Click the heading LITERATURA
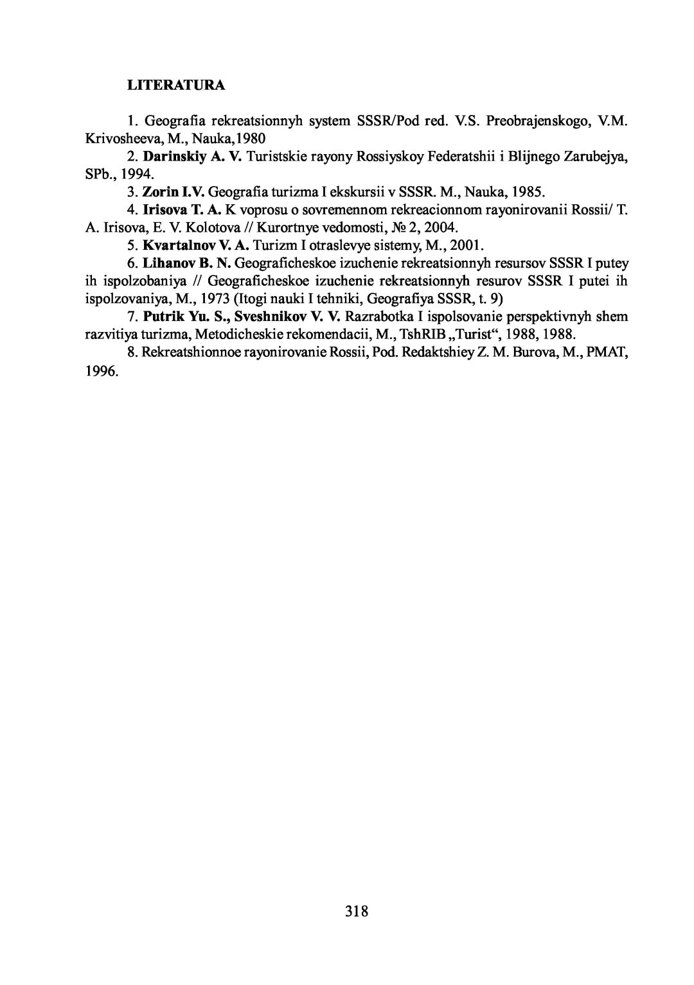coord(175,85)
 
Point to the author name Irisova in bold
coord(165,209)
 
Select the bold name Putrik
coord(162,317)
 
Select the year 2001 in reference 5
coord(467,245)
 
